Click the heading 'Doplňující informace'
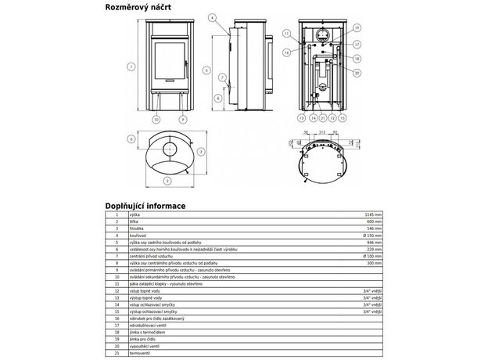[x=145, y=206]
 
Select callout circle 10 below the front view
[x=156, y=119]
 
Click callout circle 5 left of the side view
[x=206, y=70]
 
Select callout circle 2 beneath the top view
[x=167, y=180]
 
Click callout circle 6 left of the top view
[x=131, y=139]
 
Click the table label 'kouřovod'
[x=138, y=234]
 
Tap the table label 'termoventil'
[x=140, y=352]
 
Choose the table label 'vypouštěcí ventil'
[x=145, y=345]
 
